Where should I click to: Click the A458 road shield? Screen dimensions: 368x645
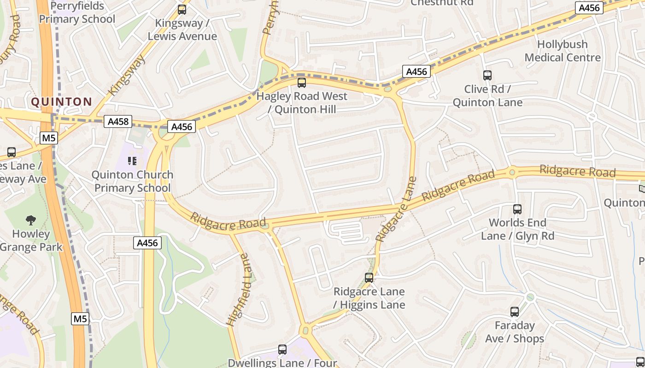pyautogui.click(x=117, y=122)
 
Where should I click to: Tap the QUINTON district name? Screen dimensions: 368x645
pyautogui.click(x=62, y=102)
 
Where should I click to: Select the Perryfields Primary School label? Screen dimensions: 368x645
pyautogui.click(x=77, y=13)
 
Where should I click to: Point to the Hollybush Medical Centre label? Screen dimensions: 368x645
pyautogui.click(x=563, y=51)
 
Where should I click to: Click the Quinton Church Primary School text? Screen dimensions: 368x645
pyautogui.click(x=132, y=181)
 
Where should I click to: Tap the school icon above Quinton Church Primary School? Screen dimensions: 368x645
pyautogui.click(x=132, y=161)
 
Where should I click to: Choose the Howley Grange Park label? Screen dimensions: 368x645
pyautogui.click(x=31, y=240)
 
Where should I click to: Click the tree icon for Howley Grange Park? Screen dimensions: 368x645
pyautogui.click(x=31, y=220)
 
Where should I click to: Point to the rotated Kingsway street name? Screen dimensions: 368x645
pyautogui.click(x=127, y=75)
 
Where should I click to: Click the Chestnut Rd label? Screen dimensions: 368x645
pyautogui.click(x=442, y=3)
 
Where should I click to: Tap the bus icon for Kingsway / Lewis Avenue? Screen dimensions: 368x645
pyautogui.click(x=182, y=10)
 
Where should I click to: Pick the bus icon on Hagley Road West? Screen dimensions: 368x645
pyautogui.click(x=302, y=83)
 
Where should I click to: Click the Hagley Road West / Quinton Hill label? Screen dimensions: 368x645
pyautogui.click(x=302, y=103)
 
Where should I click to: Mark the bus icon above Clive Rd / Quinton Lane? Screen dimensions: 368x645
pyautogui.click(x=487, y=75)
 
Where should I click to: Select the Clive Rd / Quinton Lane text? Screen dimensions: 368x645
pyautogui.click(x=487, y=96)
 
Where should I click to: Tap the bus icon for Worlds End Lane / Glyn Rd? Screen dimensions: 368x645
pyautogui.click(x=517, y=209)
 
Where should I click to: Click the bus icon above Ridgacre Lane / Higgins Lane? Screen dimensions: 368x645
pyautogui.click(x=369, y=278)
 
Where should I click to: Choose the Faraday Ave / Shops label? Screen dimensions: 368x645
pyautogui.click(x=515, y=332)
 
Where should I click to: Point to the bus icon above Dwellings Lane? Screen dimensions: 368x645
pyautogui.click(x=282, y=350)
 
